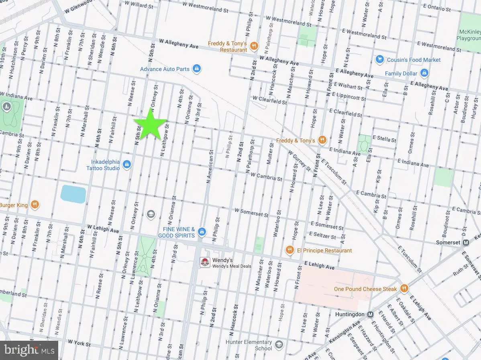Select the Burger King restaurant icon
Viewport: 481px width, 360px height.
(x=35, y=205)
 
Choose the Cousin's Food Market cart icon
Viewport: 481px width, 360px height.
(x=379, y=60)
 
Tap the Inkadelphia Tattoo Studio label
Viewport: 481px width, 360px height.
(x=103, y=165)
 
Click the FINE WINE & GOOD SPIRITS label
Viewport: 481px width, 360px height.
(x=176, y=232)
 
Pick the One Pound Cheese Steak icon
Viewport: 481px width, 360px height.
(x=404, y=289)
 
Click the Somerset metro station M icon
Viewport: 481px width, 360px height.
(x=466, y=243)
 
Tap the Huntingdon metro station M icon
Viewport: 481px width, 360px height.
(x=370, y=315)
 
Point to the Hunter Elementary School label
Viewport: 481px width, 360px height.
(x=249, y=345)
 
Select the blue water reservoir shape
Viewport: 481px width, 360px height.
(x=73, y=194)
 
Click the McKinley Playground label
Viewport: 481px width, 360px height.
(x=469, y=35)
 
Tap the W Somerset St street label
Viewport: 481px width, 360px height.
(x=251, y=212)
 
